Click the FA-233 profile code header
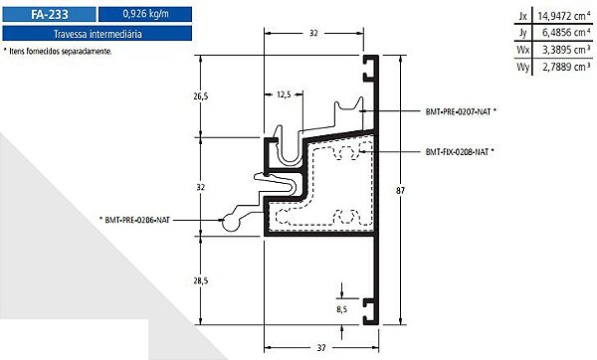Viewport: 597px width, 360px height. click(49, 15)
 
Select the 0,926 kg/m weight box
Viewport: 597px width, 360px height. click(145, 15)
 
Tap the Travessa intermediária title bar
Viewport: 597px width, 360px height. click(98, 34)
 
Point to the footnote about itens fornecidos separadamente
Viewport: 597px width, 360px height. click(58, 51)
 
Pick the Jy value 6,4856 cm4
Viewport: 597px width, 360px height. click(566, 33)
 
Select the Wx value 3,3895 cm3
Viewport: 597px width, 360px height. click(566, 50)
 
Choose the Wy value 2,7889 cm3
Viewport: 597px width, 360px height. click(566, 67)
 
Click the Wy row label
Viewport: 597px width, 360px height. click(522, 67)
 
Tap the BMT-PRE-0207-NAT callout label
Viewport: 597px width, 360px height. click(461, 112)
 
